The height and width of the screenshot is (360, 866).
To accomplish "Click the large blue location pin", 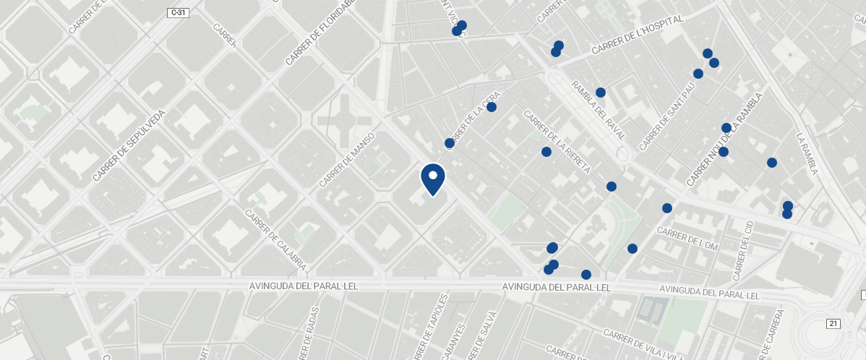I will pos(432,179).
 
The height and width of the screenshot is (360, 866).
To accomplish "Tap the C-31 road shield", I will pos(178,13).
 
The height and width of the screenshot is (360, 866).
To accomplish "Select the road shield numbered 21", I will pos(834,323).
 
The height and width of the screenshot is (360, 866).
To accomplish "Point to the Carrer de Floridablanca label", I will pos(322,32).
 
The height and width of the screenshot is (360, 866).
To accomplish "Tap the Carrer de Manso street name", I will pos(348,160).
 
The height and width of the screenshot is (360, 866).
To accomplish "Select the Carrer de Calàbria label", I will pos(275,240).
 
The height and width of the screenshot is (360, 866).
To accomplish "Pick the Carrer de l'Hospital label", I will pos(637,35).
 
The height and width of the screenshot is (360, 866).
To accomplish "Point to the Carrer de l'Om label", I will pos(687,239).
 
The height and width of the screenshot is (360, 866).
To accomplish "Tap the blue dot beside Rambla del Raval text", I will pos(600,93).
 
